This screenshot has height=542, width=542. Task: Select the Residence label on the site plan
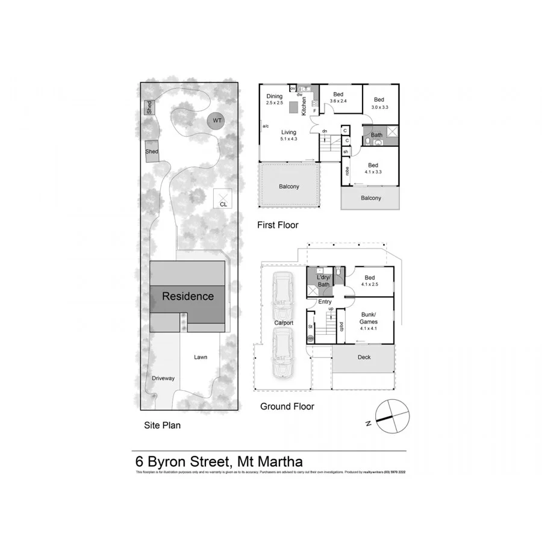(187, 296)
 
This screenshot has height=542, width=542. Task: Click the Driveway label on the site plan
(163, 378)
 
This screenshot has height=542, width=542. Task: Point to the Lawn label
(201, 357)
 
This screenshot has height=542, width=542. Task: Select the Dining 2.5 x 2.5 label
(275, 99)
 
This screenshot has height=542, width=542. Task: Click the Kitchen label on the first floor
(304, 107)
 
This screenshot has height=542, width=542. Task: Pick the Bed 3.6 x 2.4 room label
(338, 98)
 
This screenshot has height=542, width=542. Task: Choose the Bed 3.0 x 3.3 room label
(379, 103)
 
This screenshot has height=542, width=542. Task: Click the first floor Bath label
(376, 135)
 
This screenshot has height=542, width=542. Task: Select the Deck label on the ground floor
(364, 357)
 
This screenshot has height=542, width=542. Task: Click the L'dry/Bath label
(323, 280)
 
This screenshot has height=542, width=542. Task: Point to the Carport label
(284, 323)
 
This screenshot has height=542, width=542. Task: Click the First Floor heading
(278, 225)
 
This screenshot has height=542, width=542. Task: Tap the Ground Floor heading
(287, 406)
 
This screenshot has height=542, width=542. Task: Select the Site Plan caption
(162, 425)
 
